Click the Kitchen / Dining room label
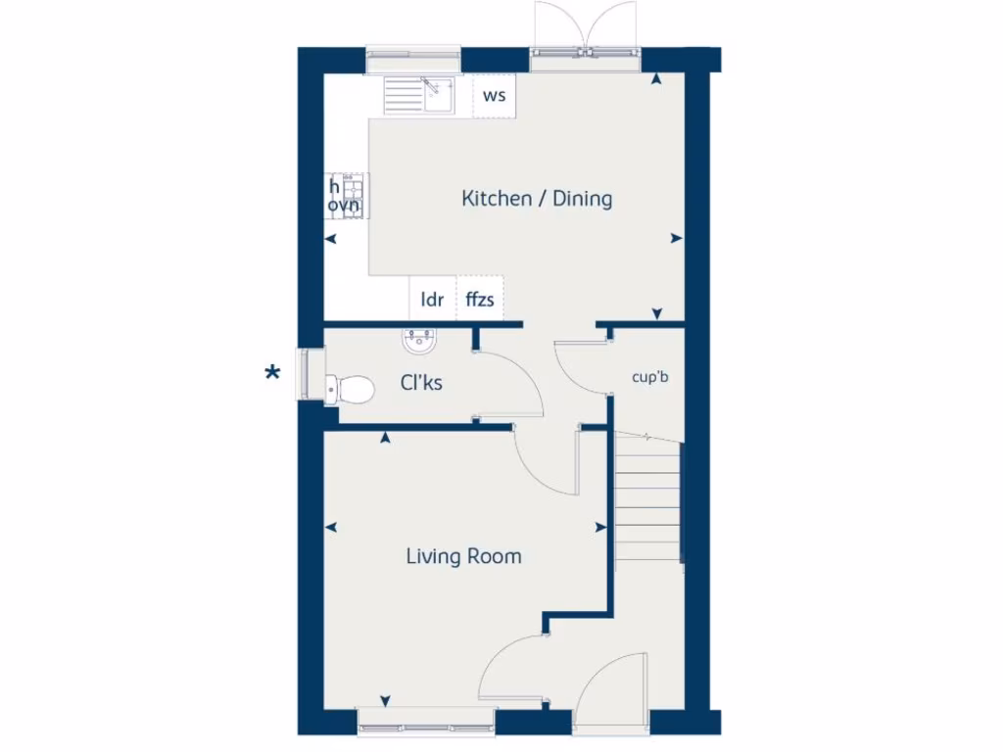pos(537,199)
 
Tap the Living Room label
pos(463,557)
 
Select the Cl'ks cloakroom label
pos(420,382)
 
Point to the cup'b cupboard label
pos(650,376)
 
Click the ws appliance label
pos(495,96)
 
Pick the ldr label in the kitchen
pos(432,300)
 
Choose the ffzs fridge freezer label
pos(480,300)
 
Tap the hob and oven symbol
pos(346,196)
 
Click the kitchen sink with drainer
pos(417,96)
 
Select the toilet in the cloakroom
pos(350,389)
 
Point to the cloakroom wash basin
pos(419,341)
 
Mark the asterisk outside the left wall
pos(273,373)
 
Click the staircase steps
pos(647,499)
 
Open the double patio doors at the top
pos(585,29)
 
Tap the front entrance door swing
pos(612,690)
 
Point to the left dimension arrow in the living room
pos(333,528)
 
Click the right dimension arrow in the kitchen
pos(676,238)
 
